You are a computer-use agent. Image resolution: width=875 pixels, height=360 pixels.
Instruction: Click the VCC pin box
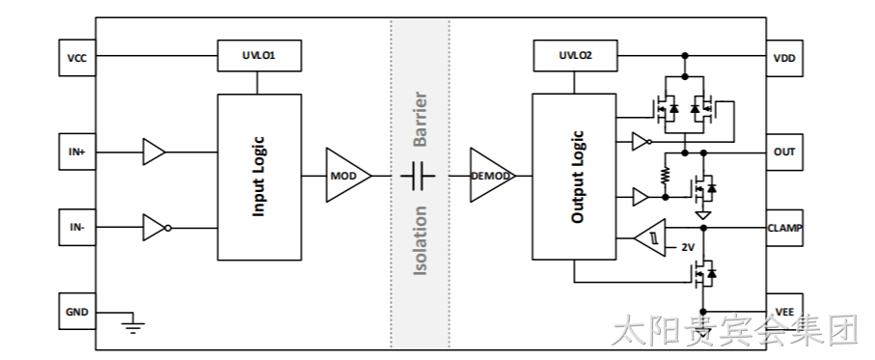[x=77, y=58]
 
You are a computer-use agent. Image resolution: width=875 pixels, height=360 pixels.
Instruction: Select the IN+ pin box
[x=77, y=152]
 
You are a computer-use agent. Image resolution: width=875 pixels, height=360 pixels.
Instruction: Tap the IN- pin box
[x=77, y=227]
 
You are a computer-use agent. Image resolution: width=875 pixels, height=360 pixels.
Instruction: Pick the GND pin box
[x=77, y=312]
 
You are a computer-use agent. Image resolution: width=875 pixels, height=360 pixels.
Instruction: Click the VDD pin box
[x=784, y=58]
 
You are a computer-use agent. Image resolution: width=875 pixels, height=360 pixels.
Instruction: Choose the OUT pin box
[x=784, y=152]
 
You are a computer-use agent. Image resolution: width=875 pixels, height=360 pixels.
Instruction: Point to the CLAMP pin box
[x=784, y=228]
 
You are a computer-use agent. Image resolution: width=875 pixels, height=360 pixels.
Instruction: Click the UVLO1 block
[x=260, y=55]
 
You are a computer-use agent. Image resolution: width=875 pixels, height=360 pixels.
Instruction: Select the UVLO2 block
[x=575, y=55]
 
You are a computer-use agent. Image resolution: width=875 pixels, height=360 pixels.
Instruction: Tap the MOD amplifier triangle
[x=347, y=176]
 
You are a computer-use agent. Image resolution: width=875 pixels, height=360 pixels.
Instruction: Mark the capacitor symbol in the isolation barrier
[x=418, y=176]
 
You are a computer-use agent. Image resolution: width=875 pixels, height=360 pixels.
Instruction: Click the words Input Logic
[x=259, y=177]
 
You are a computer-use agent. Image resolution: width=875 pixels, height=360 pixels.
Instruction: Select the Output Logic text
[x=578, y=177]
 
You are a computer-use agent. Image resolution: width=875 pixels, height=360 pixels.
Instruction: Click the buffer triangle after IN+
[x=154, y=152]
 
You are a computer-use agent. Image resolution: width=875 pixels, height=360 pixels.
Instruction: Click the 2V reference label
[x=688, y=247]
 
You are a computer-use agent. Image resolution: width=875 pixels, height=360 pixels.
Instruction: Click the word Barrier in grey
[x=421, y=120]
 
